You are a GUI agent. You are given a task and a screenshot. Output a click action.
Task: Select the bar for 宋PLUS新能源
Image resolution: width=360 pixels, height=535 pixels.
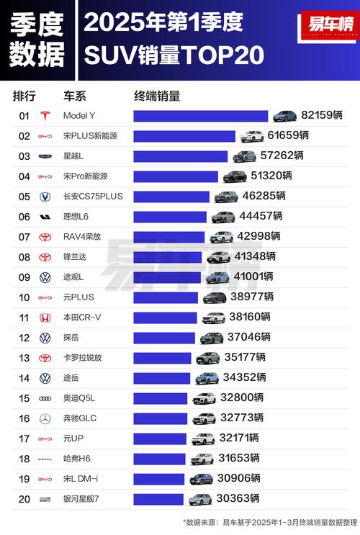[184, 136]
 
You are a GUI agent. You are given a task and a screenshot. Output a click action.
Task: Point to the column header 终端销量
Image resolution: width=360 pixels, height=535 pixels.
[157, 95]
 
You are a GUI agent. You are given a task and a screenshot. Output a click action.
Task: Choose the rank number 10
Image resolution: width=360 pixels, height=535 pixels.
[24, 297]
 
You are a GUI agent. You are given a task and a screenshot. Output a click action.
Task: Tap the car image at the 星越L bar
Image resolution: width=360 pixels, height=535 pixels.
[244, 156]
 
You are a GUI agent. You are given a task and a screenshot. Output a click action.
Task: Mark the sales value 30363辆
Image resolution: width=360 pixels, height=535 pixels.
[239, 498]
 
